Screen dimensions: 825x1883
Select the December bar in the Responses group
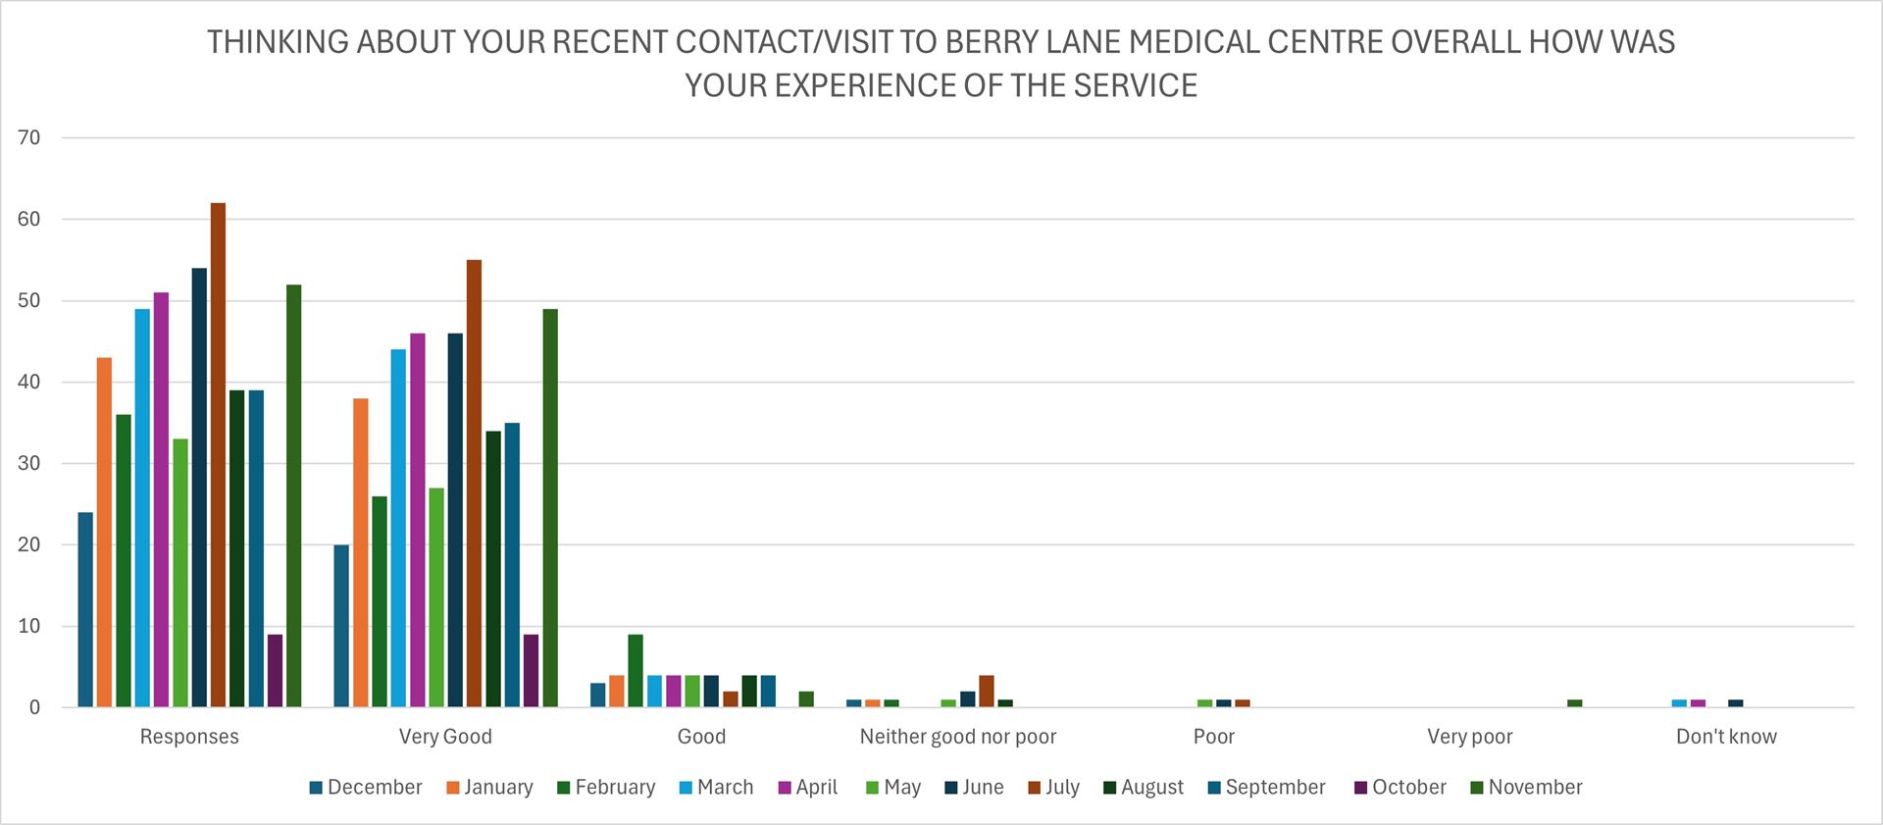pyautogui.click(x=85, y=609)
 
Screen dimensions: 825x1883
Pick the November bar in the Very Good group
pyautogui.click(x=550, y=508)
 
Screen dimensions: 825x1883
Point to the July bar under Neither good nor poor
pyautogui.click(x=987, y=692)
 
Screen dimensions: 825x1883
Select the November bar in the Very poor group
pyautogui.click(x=1575, y=703)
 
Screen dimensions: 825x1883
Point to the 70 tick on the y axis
pyautogui.click(x=30, y=137)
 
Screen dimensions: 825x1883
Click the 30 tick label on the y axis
pyautogui.click(x=30, y=463)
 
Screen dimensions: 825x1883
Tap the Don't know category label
pyautogui.click(x=1726, y=737)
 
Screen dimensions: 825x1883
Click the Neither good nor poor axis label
pyautogui.click(x=957, y=737)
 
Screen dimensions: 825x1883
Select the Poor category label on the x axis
pyautogui.click(x=1213, y=737)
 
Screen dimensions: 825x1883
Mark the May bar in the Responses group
pyautogui.click(x=180, y=573)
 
